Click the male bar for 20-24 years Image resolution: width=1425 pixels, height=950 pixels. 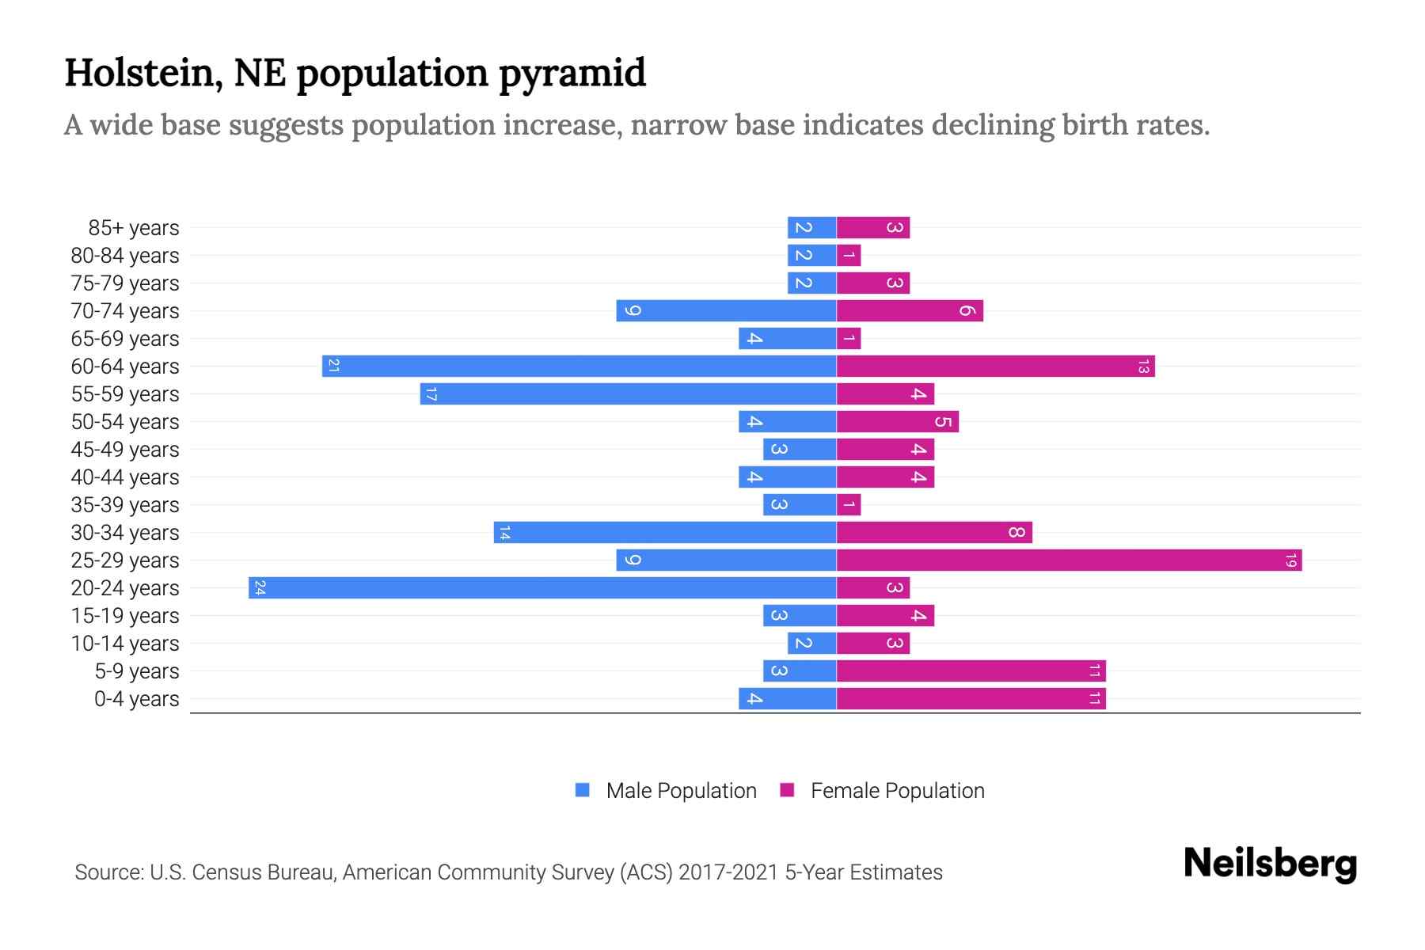tap(542, 587)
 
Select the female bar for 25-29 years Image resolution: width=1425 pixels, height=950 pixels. tap(1069, 560)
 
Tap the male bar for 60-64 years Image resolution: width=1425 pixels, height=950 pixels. tap(579, 366)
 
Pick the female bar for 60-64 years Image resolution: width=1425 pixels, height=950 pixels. tap(995, 366)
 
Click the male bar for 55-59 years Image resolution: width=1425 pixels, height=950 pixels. tap(628, 393)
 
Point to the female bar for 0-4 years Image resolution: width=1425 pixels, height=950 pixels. tap(971, 698)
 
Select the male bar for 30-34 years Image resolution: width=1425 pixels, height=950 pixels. tap(665, 532)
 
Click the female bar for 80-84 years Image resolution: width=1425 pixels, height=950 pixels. tap(849, 255)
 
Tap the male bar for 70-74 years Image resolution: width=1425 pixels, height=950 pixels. tap(726, 310)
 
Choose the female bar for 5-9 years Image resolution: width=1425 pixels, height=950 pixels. tap(971, 671)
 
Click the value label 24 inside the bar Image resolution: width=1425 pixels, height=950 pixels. tap(260, 587)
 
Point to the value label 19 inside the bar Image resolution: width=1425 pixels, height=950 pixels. tap(1290, 560)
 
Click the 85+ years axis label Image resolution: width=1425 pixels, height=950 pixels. tap(133, 228)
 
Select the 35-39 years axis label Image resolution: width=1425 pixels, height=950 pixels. tap(125, 505)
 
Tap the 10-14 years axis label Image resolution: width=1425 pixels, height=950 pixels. tap(125, 644)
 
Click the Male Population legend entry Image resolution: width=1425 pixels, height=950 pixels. tap(681, 790)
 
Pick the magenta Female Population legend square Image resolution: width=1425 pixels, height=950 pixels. tap(787, 789)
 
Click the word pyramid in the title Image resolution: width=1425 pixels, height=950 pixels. tap(572, 74)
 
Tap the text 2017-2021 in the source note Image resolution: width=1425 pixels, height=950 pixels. tap(728, 872)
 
